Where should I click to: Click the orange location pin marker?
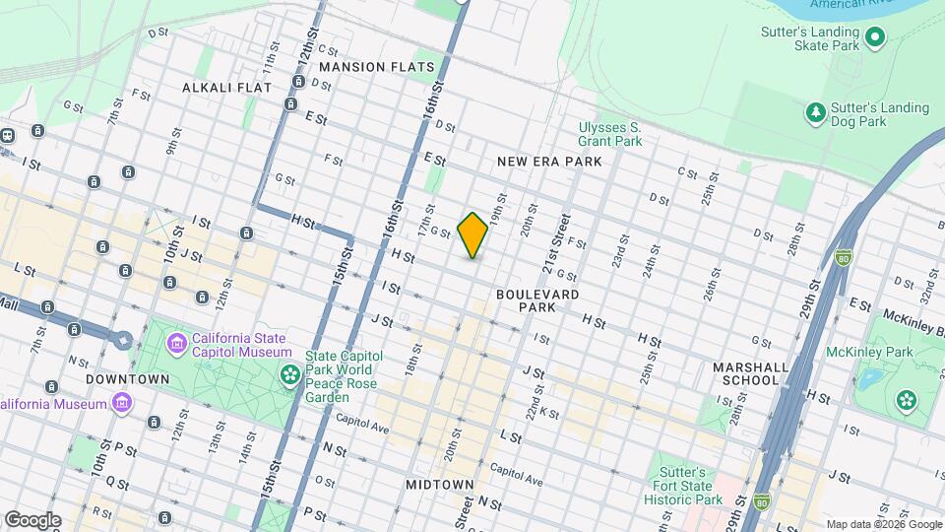pyautogui.click(x=472, y=234)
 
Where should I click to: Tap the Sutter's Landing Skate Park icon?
pyautogui.click(x=875, y=38)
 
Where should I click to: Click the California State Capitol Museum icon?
pyautogui.click(x=178, y=344)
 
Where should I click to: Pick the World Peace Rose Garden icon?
pyautogui.click(x=290, y=373)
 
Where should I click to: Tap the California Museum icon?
pyautogui.click(x=122, y=404)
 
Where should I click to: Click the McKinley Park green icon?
pyautogui.click(x=906, y=399)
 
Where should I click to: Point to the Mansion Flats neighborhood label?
pyautogui.click(x=377, y=67)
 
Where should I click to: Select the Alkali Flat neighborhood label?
pyautogui.click(x=226, y=88)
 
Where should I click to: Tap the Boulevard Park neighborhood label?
pyautogui.click(x=537, y=300)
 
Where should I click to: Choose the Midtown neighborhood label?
pyautogui.click(x=440, y=485)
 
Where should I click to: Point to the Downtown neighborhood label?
pyautogui.click(x=128, y=378)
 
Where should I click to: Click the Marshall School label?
pyautogui.click(x=751, y=373)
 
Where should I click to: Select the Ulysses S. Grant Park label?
pyautogui.click(x=609, y=134)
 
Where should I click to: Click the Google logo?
pyautogui.click(x=31, y=519)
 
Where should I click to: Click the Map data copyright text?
pyautogui.click(x=883, y=524)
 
